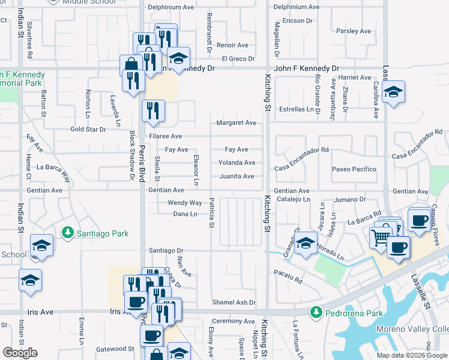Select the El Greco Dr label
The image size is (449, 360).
238,59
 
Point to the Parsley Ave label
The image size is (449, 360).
354,31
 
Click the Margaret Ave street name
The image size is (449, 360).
237,123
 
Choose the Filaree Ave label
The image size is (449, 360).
165,137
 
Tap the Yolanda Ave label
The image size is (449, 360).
237,163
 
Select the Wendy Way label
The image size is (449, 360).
185,203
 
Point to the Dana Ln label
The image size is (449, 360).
185,214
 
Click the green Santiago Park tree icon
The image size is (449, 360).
69,232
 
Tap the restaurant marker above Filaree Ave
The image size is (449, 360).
153,110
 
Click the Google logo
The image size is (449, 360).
20,353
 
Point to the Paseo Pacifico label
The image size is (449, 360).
354,170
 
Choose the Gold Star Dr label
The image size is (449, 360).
88,129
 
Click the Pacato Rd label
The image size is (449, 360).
289,277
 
